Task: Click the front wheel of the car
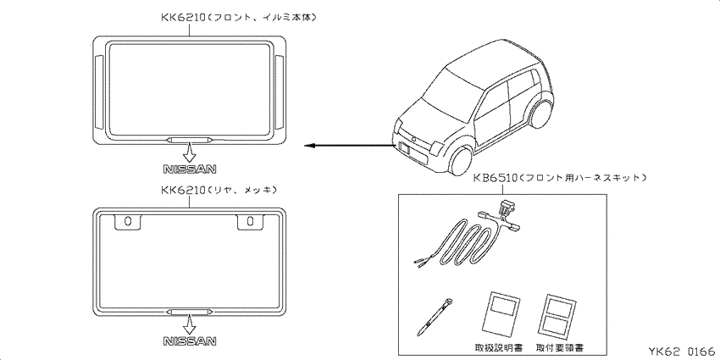(x=461, y=161)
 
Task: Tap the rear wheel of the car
(x=541, y=114)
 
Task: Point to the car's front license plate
(x=406, y=148)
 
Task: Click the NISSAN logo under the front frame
(x=190, y=169)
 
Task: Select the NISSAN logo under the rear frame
(x=190, y=341)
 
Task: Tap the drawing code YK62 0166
(x=681, y=352)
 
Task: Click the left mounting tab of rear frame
(x=128, y=221)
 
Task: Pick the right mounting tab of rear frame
(x=250, y=221)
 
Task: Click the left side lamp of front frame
(x=99, y=91)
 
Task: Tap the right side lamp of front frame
(x=280, y=91)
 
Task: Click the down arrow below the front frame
(x=189, y=151)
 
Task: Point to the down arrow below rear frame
(x=189, y=324)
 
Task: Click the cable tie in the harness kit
(x=434, y=317)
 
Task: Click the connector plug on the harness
(x=506, y=209)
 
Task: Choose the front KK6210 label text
(x=239, y=18)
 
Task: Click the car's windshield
(x=448, y=90)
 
